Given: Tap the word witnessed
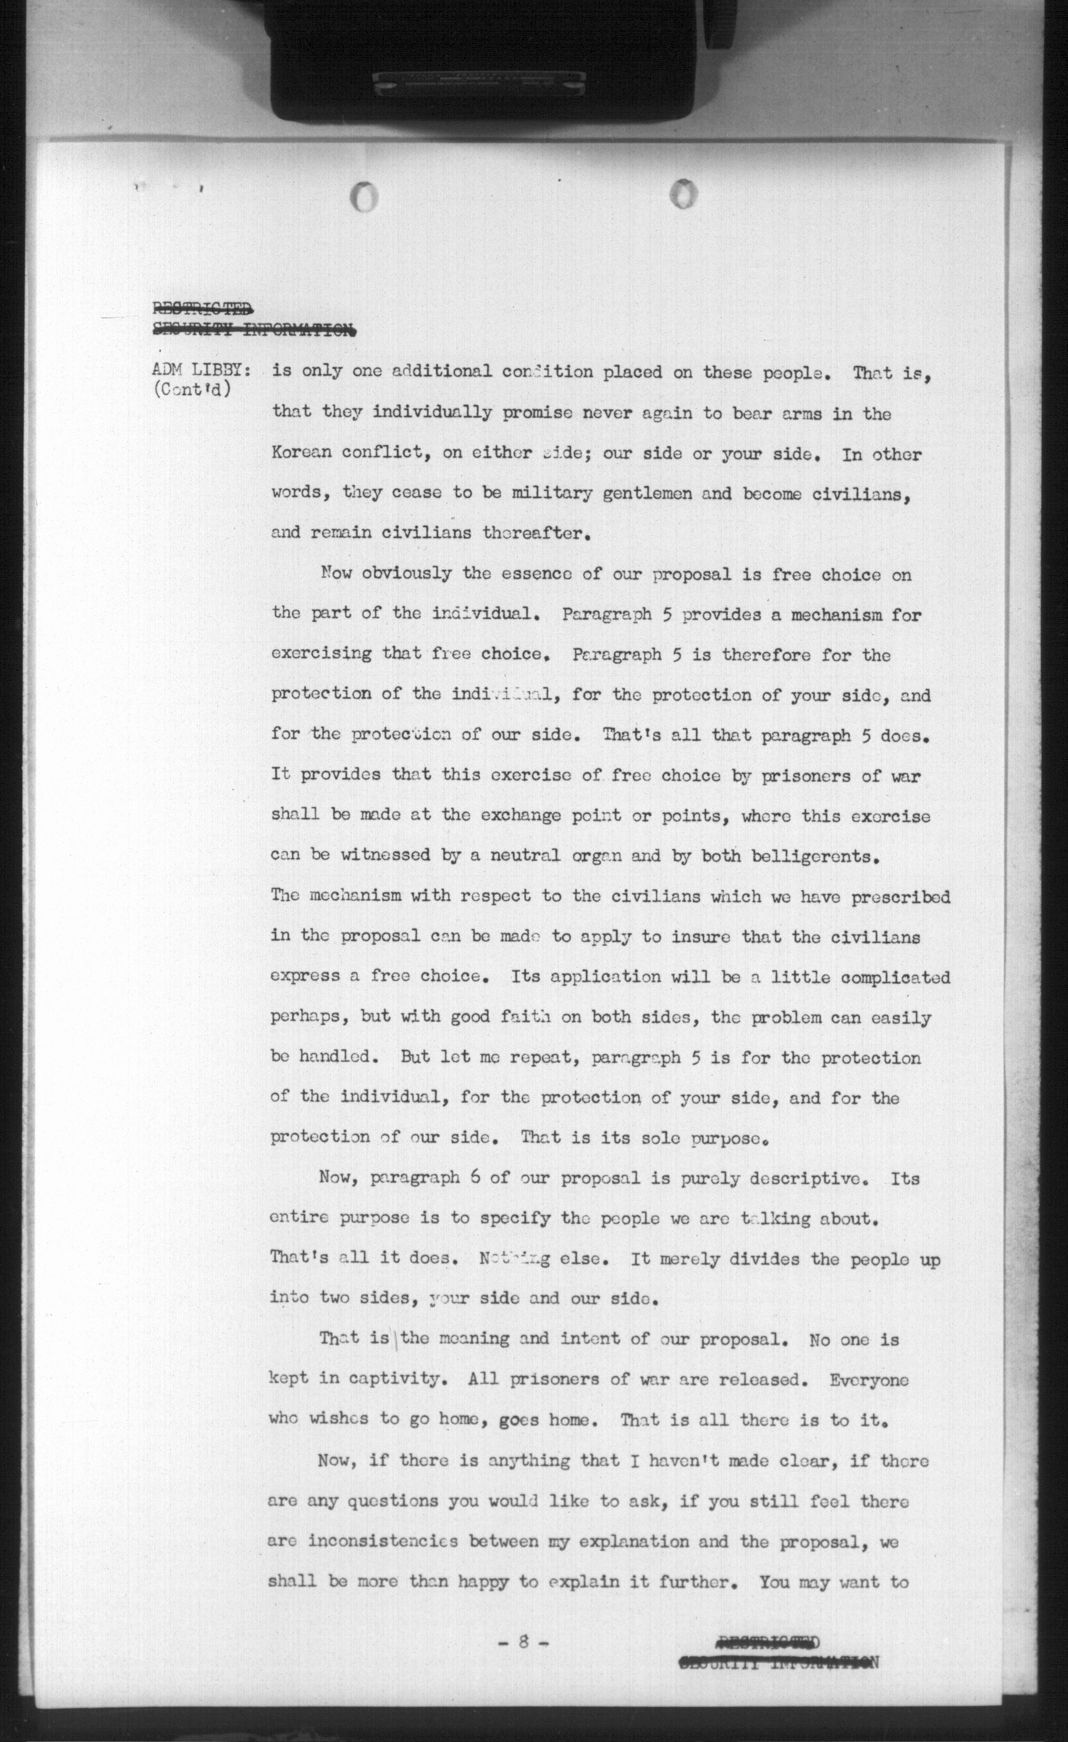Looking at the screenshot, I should (x=386, y=856).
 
